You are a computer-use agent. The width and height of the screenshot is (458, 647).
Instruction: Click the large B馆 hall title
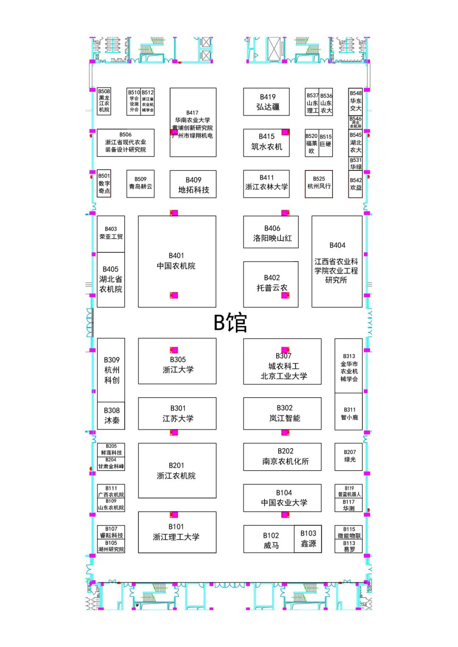pyautogui.click(x=230, y=323)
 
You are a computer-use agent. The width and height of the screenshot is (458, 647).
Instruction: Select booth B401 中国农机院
pyautogui.click(x=177, y=262)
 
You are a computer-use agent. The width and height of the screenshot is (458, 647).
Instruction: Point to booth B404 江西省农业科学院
pyautogui.click(x=337, y=262)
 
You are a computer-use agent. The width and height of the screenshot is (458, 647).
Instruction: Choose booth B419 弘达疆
pyautogui.click(x=266, y=102)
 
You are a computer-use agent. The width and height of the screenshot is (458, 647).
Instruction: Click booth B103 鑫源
pyautogui.click(x=308, y=539)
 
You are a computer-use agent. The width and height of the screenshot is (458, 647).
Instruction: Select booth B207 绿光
pyautogui.click(x=349, y=456)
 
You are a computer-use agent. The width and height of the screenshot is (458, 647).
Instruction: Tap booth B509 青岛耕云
pyautogui.click(x=140, y=184)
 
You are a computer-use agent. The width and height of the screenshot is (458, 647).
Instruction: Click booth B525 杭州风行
pyautogui.click(x=319, y=184)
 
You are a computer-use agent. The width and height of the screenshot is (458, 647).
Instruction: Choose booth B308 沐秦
pyautogui.click(x=111, y=416)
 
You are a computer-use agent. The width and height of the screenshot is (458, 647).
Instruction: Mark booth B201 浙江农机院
pyautogui.click(x=177, y=471)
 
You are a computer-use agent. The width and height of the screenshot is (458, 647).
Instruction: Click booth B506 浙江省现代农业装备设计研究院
pyautogui.click(x=126, y=142)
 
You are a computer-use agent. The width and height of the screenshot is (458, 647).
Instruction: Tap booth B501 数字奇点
pyautogui.click(x=104, y=184)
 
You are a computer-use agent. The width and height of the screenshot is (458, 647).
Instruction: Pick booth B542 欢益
pyautogui.click(x=355, y=184)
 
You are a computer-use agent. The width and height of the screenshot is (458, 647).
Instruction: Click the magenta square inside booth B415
pyautogui.click(x=285, y=132)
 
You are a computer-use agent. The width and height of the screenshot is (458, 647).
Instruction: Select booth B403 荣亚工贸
pyautogui.click(x=111, y=233)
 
